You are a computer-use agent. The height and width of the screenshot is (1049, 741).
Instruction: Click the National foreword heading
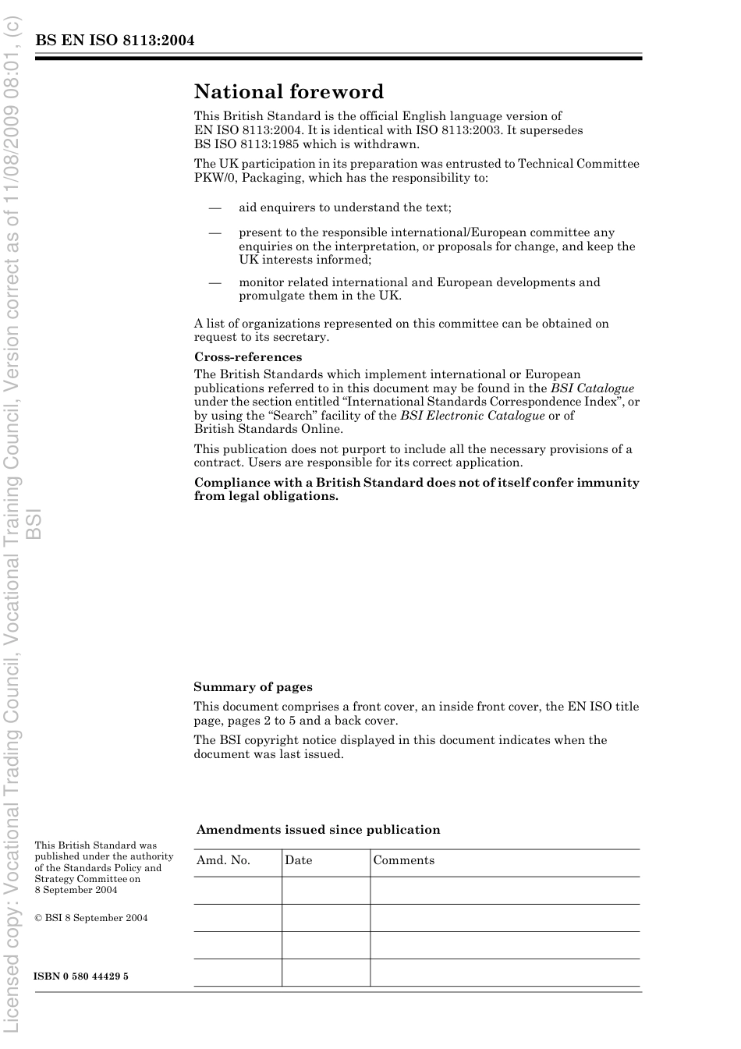click(x=289, y=92)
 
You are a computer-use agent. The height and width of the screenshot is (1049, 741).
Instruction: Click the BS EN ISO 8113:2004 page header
click(x=114, y=41)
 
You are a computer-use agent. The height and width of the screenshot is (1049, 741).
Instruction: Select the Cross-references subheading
click(x=248, y=357)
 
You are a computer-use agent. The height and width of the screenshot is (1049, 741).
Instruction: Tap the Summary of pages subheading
click(x=253, y=687)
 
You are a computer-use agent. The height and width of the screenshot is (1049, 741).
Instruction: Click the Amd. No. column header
click(x=223, y=860)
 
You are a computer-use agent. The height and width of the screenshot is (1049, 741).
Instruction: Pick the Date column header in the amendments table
click(x=298, y=860)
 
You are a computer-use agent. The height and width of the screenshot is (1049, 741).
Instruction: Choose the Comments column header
click(x=403, y=860)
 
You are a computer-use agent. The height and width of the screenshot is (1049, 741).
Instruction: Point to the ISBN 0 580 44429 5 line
click(x=81, y=976)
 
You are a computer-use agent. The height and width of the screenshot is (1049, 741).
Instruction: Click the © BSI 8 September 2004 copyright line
click(x=90, y=918)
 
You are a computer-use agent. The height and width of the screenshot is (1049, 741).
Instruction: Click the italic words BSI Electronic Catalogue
click(x=472, y=416)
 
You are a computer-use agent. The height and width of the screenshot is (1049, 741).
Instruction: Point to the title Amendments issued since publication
click(x=318, y=830)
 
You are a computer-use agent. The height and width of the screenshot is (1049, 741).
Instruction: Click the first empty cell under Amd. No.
click(x=237, y=890)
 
